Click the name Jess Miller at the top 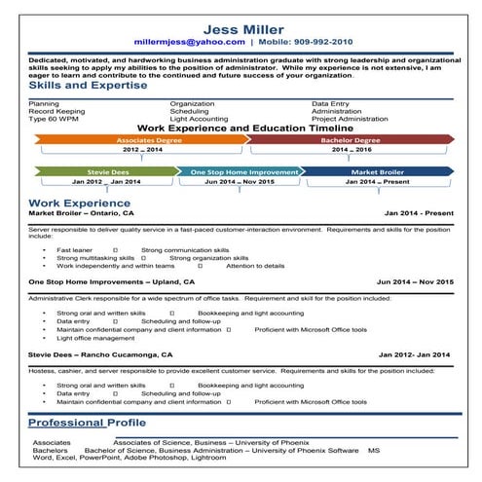coord(241,26)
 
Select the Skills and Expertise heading coord(89,86)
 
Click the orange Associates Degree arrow coord(142,139)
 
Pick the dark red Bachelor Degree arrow coord(352,139)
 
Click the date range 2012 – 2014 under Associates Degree coord(142,151)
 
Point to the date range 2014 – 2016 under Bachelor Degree coord(352,151)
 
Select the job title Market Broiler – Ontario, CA coord(82,213)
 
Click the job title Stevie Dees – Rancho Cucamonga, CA coord(101,354)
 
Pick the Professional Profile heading coord(88,423)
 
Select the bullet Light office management coord(95,339)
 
